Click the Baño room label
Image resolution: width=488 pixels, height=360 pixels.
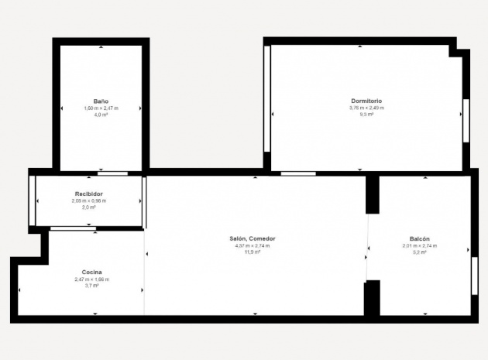point(101,101)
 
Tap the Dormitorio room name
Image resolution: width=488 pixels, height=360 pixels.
point(366,101)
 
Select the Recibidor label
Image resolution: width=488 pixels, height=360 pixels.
point(89,194)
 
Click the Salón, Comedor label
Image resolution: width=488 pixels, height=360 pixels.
point(253,238)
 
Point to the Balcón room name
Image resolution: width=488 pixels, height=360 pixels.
point(419,238)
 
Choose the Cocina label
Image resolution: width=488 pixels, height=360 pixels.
point(91,272)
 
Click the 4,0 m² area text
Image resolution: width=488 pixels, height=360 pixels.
point(101,115)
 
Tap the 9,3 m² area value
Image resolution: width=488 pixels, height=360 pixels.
point(366,115)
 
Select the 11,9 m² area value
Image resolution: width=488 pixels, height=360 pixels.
point(253,252)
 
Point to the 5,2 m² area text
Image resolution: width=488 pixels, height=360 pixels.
point(419,252)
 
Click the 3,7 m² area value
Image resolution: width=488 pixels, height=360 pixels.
point(91,286)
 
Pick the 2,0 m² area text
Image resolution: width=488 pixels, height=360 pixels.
point(89,207)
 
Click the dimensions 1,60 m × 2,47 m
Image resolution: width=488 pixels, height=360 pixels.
point(101,108)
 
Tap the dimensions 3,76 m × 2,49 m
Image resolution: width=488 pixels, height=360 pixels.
point(366,108)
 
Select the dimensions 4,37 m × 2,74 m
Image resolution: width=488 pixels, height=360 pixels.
point(253,245)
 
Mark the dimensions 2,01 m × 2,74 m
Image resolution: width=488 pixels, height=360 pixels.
point(419,245)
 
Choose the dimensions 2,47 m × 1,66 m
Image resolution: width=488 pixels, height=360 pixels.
point(91,279)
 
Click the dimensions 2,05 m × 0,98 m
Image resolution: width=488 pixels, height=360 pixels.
point(89,201)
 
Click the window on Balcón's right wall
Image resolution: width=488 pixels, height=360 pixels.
point(474,275)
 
